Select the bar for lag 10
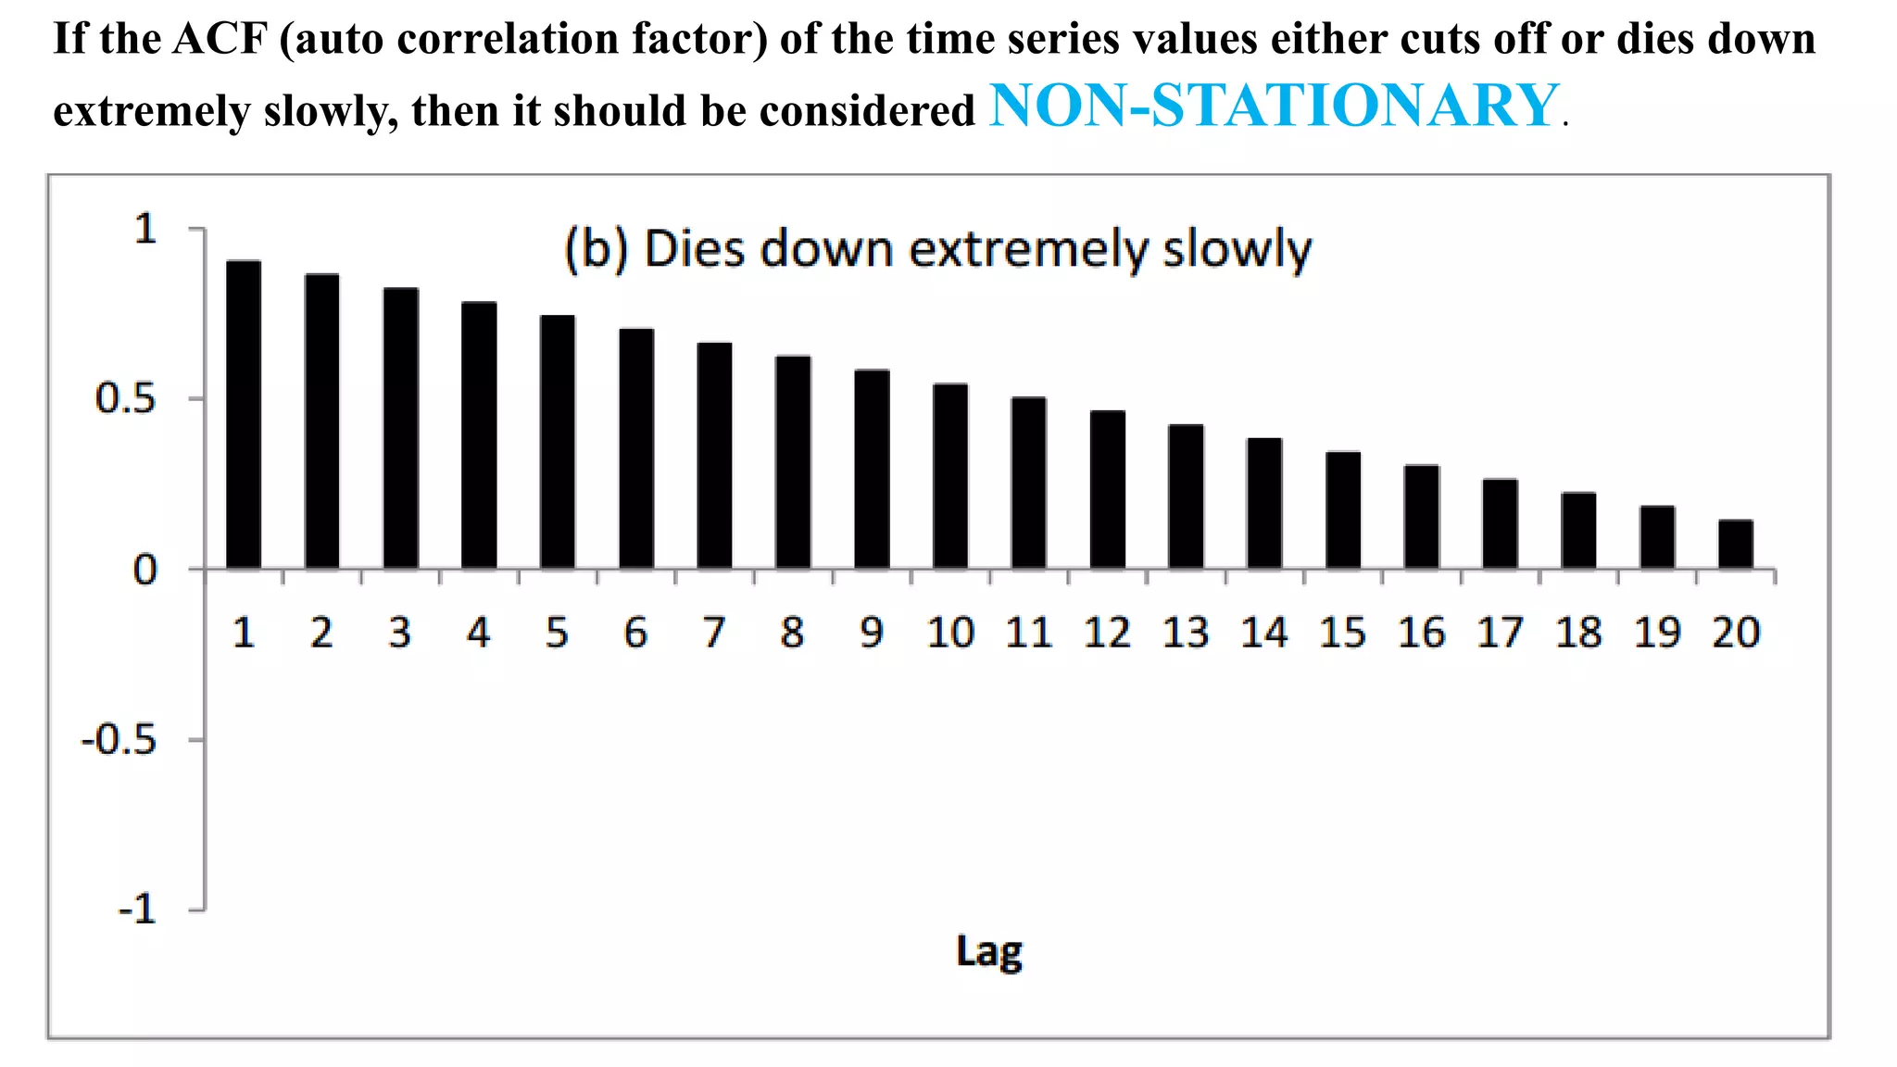[x=950, y=476]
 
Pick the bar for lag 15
[x=1343, y=510]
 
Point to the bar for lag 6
[x=636, y=449]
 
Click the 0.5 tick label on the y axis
[x=126, y=400]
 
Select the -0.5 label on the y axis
[x=119, y=741]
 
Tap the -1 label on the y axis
[x=137, y=910]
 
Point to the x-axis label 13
[x=1186, y=634]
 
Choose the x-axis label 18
[x=1578, y=634]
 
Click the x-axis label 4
[x=478, y=634]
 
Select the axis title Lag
[x=988, y=952]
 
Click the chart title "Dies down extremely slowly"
[x=937, y=250]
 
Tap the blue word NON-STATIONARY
[x=1275, y=106]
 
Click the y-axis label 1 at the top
[x=145, y=230]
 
